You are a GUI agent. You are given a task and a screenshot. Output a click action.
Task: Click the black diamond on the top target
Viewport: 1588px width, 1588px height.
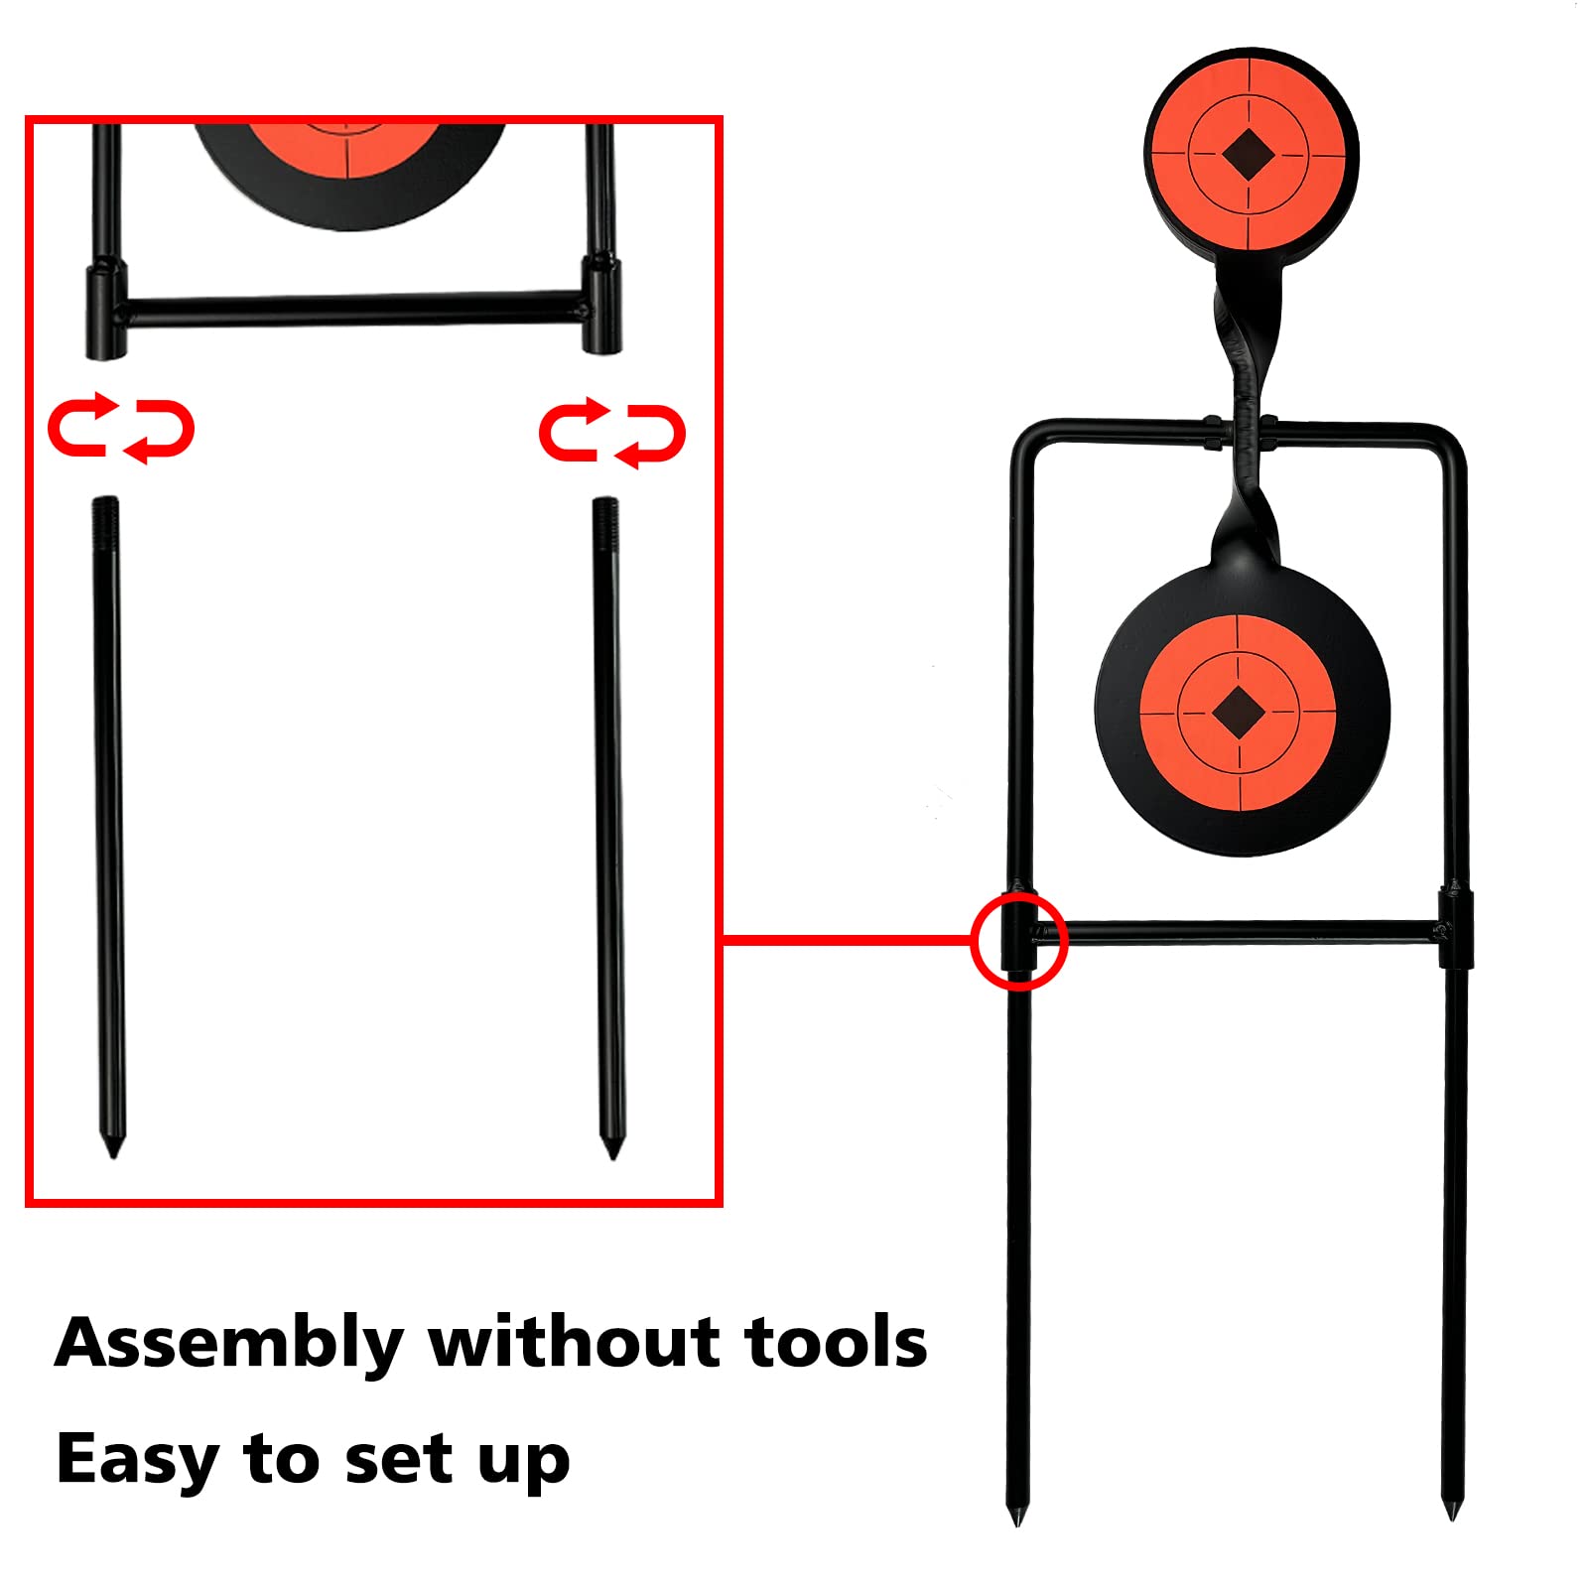(1249, 155)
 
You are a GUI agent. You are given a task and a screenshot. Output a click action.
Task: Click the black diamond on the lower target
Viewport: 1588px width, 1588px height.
(1238, 711)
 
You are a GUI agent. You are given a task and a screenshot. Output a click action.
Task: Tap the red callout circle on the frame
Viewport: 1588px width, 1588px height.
(1018, 940)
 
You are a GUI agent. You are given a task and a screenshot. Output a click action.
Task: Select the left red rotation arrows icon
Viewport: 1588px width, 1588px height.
(121, 429)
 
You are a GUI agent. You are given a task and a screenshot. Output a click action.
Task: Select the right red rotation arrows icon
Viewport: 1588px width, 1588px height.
(612, 431)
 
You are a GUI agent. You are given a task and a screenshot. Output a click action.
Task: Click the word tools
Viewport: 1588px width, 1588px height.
(837, 1342)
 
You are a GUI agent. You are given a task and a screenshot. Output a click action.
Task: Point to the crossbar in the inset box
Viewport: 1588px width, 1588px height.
(353, 310)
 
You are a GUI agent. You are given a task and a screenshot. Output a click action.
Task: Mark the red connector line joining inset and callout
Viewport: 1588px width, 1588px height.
(847, 938)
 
